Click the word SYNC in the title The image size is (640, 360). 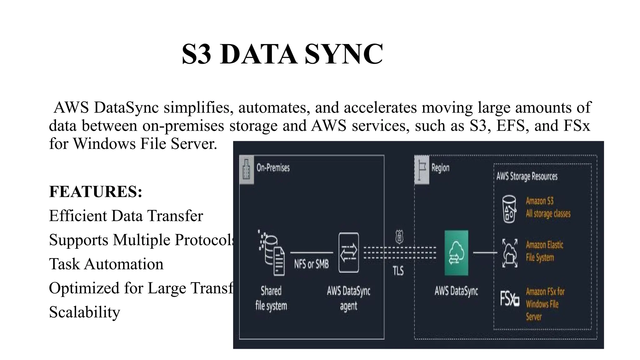(x=343, y=54)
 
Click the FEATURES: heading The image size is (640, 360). (x=96, y=192)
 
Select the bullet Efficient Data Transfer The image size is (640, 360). (x=126, y=216)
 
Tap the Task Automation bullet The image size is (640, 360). (x=106, y=264)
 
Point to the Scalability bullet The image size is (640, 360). (x=84, y=312)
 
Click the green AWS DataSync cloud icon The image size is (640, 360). (x=456, y=253)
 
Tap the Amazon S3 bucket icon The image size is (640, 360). (x=509, y=209)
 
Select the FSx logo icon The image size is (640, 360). (x=509, y=298)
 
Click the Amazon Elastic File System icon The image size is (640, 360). (x=510, y=253)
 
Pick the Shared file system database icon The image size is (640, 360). (x=272, y=253)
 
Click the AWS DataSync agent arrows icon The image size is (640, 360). (x=348, y=253)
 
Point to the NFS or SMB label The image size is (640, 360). (x=311, y=264)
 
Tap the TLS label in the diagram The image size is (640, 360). (x=398, y=271)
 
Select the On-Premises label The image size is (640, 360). (x=273, y=168)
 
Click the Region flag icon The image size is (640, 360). (x=422, y=170)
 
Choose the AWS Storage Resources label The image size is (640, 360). (x=527, y=176)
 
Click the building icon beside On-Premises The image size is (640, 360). (x=247, y=170)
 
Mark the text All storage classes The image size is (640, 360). (x=548, y=214)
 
